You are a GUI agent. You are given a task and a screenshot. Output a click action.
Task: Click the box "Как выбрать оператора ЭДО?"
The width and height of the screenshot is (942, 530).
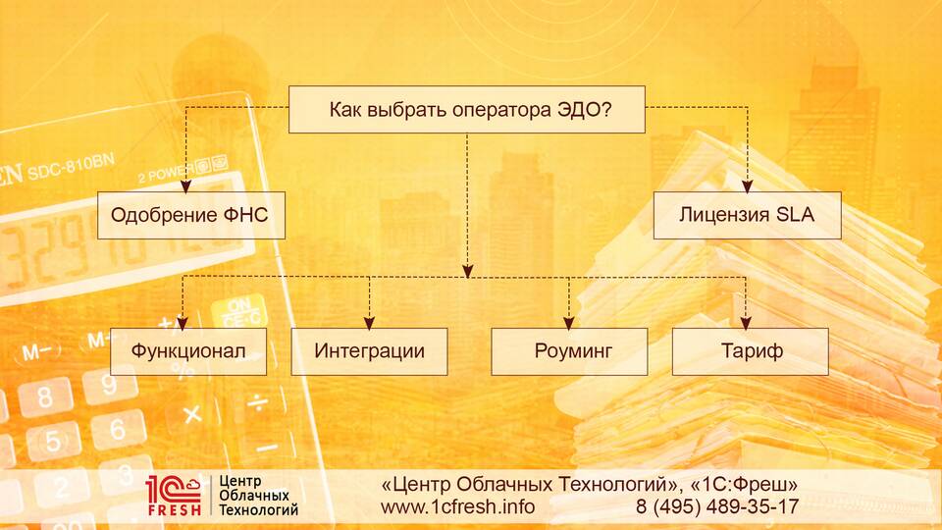467,109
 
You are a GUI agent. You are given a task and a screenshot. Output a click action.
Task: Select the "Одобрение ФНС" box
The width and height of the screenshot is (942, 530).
191,215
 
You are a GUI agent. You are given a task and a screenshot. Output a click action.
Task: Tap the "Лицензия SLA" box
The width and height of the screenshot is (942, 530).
748,215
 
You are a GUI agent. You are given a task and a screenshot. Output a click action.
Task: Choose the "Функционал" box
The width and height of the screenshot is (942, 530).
188,351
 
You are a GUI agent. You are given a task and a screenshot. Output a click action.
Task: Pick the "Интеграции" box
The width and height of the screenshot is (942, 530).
370,351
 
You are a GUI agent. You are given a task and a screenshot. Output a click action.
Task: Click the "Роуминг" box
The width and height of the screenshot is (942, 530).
569,351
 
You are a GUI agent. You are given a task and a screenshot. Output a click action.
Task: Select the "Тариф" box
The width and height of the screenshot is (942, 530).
751,351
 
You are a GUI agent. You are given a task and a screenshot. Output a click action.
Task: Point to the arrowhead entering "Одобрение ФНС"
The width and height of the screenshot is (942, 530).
185,186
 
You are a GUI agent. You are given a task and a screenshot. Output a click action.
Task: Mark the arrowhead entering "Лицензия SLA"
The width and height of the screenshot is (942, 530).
748,186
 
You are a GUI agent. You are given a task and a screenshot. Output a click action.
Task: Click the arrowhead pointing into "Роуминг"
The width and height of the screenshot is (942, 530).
569,323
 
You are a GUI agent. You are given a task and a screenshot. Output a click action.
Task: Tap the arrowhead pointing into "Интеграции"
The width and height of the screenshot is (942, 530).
370,323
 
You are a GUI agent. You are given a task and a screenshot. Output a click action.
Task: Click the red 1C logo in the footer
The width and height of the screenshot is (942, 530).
174,490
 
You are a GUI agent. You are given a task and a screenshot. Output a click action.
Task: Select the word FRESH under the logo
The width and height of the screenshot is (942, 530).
175,510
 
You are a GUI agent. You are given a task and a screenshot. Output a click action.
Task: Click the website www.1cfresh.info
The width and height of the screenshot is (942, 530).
458,506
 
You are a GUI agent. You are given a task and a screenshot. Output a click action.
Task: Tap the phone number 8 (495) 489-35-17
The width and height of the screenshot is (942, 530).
717,506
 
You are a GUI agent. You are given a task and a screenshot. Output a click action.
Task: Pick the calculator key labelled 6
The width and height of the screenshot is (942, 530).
119,428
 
